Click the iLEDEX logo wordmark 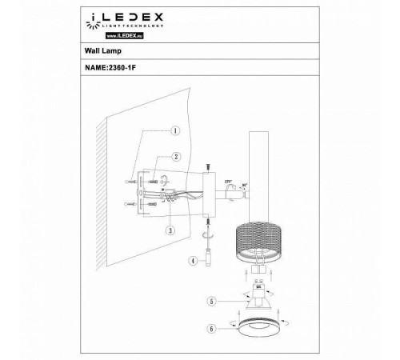coord(121,15)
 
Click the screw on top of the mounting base coord(206,166)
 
